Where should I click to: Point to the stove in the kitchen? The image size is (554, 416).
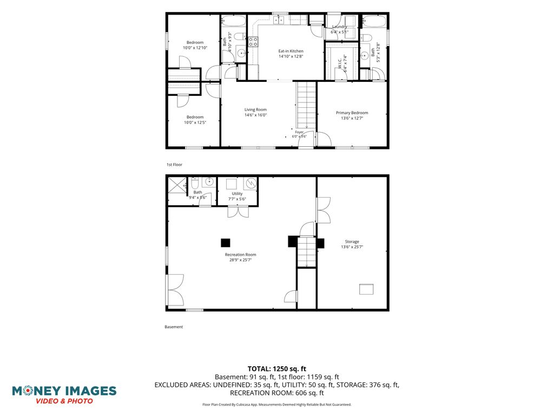(253, 42)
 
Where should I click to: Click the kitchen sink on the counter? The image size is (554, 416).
(279, 19)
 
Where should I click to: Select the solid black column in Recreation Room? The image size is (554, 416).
(226, 243)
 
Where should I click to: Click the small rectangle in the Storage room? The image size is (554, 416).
(366, 289)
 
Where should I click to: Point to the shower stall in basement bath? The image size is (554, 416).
(177, 185)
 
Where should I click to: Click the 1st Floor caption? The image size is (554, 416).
(174, 165)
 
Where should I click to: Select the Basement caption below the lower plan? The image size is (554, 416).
(174, 327)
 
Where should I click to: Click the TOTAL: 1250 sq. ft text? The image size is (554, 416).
(276, 369)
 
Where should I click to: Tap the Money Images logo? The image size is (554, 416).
(64, 395)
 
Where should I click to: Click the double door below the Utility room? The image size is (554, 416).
(238, 212)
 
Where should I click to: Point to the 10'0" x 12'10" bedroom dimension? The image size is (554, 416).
(195, 48)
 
